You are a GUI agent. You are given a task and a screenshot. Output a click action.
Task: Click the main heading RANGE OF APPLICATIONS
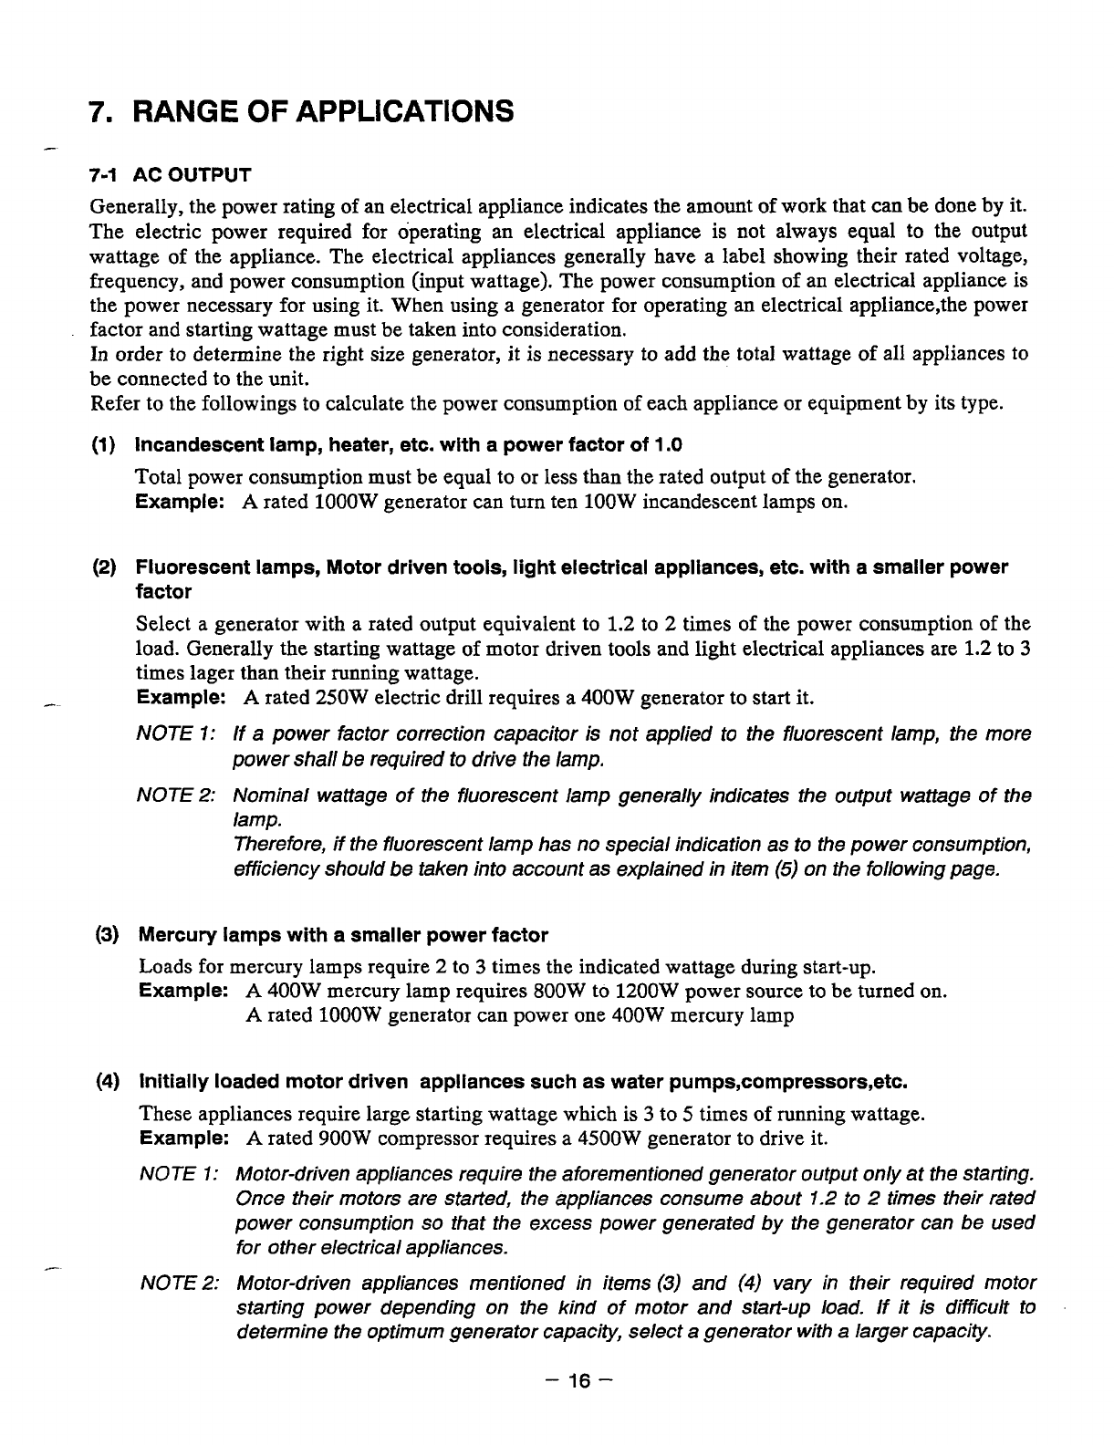click(324, 112)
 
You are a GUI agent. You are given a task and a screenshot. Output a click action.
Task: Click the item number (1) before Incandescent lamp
click(103, 445)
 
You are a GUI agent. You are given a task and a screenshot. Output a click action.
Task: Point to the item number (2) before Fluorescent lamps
click(103, 567)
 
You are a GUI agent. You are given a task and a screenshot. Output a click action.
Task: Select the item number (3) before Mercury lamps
click(108, 935)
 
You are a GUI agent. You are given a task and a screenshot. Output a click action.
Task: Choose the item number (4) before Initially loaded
click(108, 1083)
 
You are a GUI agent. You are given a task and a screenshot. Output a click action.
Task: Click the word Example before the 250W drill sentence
click(181, 699)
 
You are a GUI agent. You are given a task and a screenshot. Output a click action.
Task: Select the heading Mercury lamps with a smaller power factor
click(342, 935)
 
